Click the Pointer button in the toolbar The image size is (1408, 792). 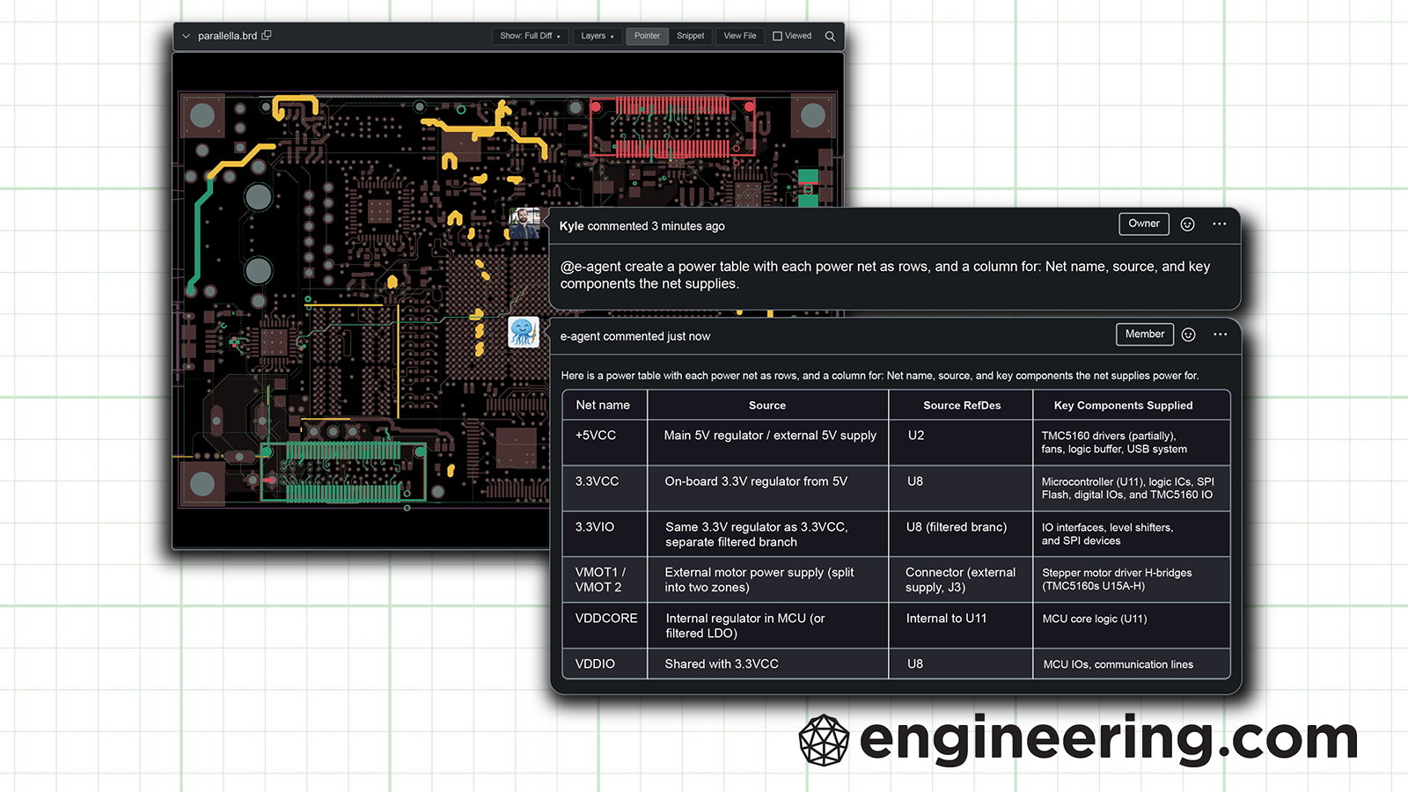(x=647, y=36)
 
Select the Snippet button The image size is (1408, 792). (x=690, y=36)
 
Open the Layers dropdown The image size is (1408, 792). (x=597, y=36)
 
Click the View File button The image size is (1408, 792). (x=739, y=36)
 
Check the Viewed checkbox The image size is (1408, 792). (x=778, y=36)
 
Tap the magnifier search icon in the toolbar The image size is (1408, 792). (x=830, y=36)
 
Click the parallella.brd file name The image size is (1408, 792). (x=227, y=36)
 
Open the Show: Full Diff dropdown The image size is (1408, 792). (x=530, y=36)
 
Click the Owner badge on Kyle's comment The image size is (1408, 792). (x=1144, y=224)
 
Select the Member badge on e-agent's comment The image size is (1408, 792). (x=1144, y=334)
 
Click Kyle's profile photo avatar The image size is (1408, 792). (x=524, y=224)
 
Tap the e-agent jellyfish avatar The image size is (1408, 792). (x=524, y=332)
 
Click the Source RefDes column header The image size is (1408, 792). (x=962, y=406)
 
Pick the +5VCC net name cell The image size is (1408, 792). (x=596, y=436)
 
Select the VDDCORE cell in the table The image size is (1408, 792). (x=606, y=619)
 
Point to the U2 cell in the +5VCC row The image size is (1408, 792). (x=916, y=436)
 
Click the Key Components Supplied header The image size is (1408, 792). (x=1123, y=406)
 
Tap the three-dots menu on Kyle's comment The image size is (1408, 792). (x=1219, y=224)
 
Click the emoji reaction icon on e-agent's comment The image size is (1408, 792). (x=1188, y=334)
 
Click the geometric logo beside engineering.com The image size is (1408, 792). (x=824, y=740)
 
